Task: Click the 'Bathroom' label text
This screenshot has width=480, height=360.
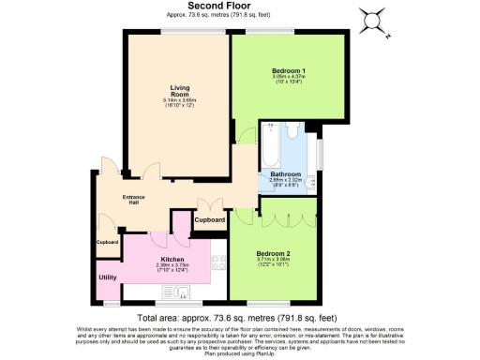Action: click(286, 174)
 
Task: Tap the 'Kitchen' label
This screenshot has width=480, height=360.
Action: click(172, 260)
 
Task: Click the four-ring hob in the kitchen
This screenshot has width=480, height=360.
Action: click(217, 264)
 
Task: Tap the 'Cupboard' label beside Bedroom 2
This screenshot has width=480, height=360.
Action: click(210, 219)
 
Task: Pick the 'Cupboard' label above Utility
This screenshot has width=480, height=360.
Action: click(108, 242)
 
